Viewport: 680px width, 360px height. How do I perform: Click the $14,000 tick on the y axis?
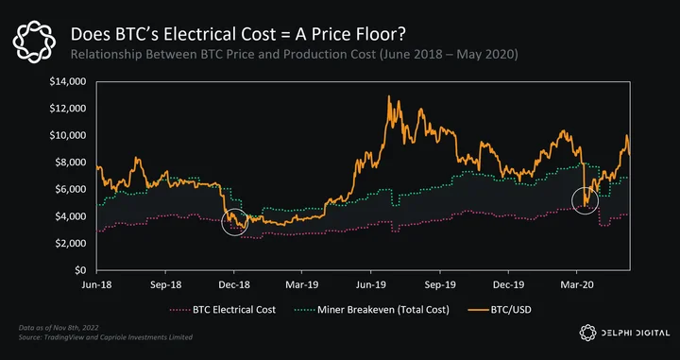coord(69,81)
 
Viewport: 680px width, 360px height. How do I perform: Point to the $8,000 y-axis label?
coord(71,163)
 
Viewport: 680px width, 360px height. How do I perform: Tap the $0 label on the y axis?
coord(79,270)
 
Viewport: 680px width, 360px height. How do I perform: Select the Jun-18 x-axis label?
coord(96,285)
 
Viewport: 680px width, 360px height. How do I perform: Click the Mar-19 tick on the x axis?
coord(302,285)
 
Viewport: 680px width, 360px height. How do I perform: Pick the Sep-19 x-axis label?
coord(440,285)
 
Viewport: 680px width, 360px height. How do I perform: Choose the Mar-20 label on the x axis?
coord(577,285)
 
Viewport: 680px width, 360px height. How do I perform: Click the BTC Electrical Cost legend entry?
coord(223,310)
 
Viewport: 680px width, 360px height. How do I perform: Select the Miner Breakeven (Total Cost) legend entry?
coord(372,310)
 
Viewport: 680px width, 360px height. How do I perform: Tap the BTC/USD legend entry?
coord(500,310)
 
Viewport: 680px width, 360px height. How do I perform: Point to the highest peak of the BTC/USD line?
coord(388,96)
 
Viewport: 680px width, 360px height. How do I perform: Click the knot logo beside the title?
coord(34,41)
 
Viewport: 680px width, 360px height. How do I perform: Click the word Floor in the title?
coord(382,34)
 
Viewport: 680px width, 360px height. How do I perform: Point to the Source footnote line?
coord(106,337)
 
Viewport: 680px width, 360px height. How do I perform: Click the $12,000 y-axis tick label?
coord(69,109)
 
